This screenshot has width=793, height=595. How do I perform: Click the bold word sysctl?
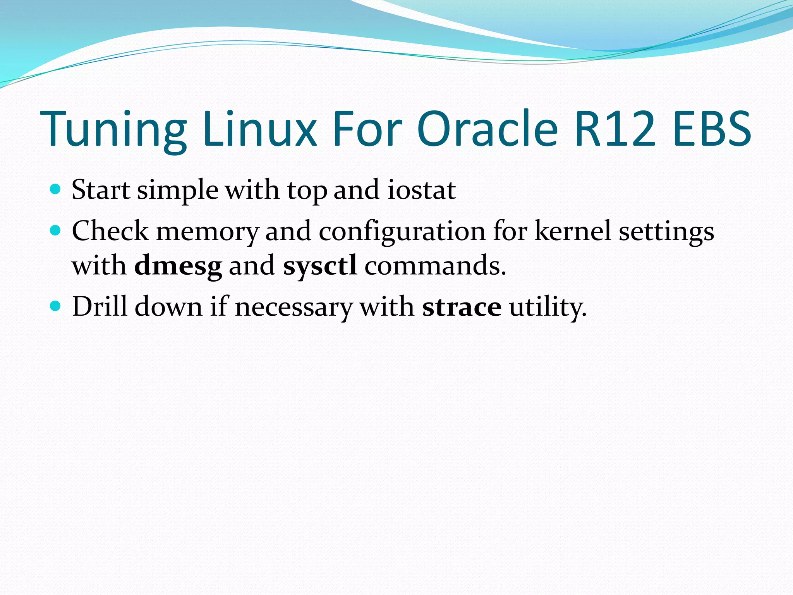point(320,266)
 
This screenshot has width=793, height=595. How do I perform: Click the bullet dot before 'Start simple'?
point(56,189)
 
